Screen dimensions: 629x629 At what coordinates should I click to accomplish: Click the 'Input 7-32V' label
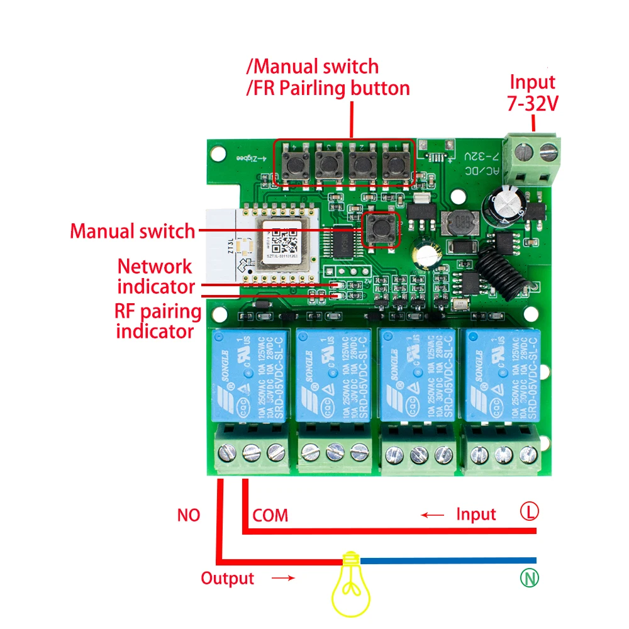tap(532, 92)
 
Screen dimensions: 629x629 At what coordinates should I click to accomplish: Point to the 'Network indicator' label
tap(155, 276)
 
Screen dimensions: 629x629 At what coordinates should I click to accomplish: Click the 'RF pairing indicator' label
tap(158, 321)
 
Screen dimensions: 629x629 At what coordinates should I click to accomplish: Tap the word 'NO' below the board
tap(188, 516)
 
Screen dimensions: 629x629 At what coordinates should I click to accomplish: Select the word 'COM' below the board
tap(270, 516)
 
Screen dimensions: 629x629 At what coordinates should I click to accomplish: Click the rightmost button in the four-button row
tap(394, 164)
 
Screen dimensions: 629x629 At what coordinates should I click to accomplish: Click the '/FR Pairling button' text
tap(327, 88)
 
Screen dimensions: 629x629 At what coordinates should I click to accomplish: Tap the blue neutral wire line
tap(447, 560)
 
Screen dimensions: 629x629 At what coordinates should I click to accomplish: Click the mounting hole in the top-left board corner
tap(218, 152)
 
